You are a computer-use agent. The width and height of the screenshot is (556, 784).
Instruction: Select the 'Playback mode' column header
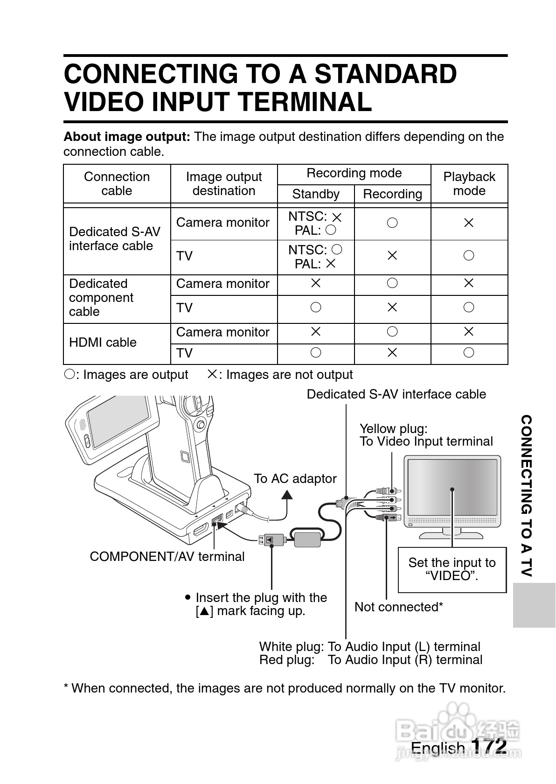[469, 183]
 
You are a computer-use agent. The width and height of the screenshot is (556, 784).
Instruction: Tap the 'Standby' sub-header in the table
[316, 194]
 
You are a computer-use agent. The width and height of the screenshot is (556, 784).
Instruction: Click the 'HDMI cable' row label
[103, 343]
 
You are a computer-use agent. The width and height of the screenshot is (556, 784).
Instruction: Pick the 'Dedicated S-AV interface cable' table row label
[114, 239]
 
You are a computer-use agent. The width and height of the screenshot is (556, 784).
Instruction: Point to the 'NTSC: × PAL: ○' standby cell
[315, 224]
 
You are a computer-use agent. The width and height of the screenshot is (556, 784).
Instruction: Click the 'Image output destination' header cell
[224, 183]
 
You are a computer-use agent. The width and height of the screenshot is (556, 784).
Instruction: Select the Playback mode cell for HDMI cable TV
[469, 353]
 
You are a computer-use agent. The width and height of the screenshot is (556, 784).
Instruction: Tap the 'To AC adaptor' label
[295, 479]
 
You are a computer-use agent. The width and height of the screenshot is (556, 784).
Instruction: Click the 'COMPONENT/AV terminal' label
[167, 556]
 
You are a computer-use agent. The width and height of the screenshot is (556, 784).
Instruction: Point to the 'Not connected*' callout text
[398, 607]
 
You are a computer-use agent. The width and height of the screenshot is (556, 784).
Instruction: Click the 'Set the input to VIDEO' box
[452, 569]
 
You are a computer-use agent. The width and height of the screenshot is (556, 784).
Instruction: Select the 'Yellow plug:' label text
[393, 429]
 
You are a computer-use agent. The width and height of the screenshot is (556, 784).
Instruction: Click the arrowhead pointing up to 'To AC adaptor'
[287, 494]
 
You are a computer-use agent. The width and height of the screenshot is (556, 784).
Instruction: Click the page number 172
[489, 746]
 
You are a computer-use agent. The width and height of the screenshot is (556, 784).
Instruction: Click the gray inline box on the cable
[308, 539]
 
